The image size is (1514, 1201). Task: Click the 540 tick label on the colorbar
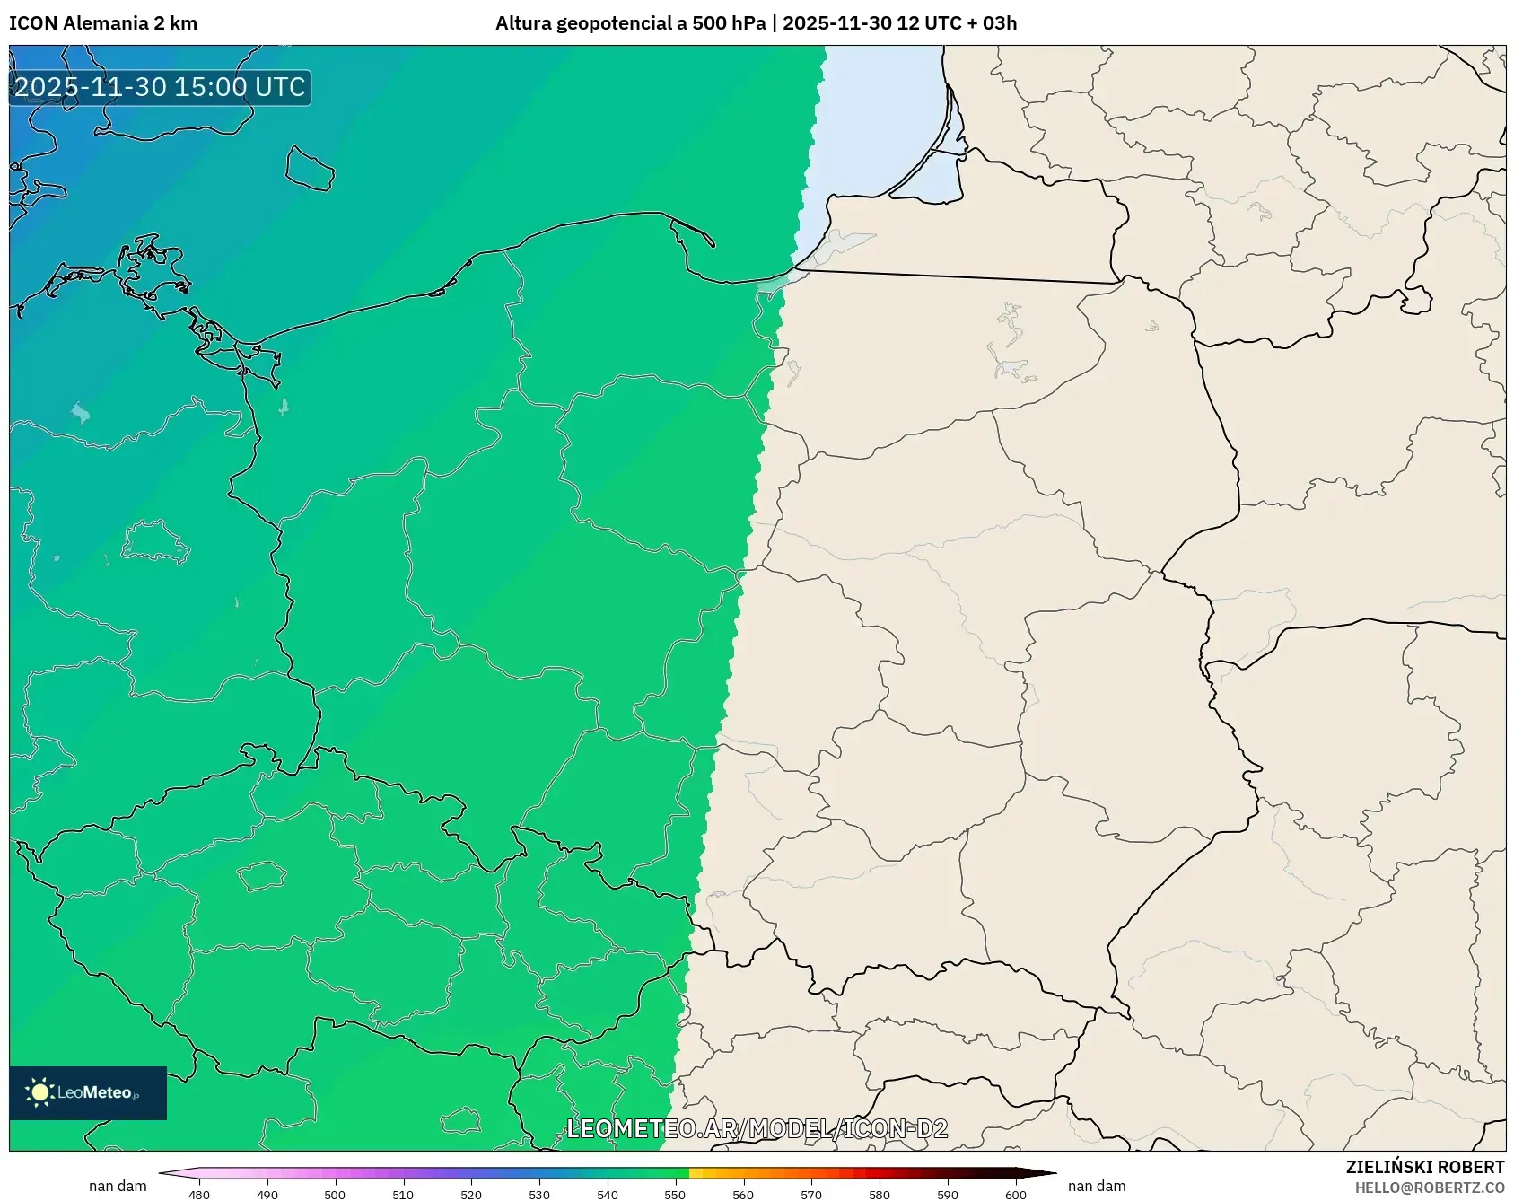608,1195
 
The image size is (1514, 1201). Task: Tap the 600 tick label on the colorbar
1015,1195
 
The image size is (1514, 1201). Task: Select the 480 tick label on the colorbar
199,1195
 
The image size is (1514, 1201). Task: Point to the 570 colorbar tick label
811,1195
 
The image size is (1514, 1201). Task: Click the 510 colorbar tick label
403,1195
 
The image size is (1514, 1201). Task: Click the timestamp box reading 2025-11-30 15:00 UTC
160,87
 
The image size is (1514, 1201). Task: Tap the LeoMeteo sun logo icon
39,1092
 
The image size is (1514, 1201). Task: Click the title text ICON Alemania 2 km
103,23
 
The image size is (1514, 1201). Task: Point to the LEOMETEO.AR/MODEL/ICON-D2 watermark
757,1128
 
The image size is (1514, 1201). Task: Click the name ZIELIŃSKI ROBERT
1424,1167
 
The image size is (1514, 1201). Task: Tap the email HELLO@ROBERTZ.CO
1429,1188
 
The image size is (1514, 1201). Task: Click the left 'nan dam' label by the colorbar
118,1186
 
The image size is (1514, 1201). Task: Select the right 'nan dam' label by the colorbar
1097,1186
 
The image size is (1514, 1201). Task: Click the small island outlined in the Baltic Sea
310,168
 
